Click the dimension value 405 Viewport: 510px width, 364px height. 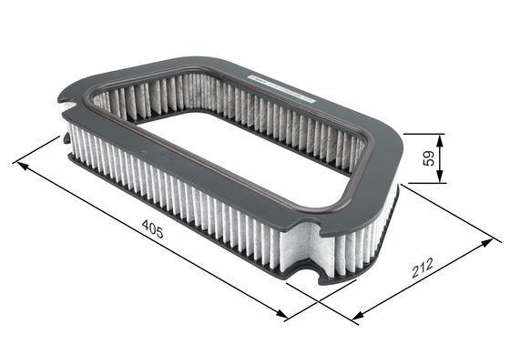[152, 233]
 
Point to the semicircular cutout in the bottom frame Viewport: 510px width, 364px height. [308, 270]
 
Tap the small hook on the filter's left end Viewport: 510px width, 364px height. [66, 138]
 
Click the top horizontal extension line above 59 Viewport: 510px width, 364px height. [423, 134]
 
